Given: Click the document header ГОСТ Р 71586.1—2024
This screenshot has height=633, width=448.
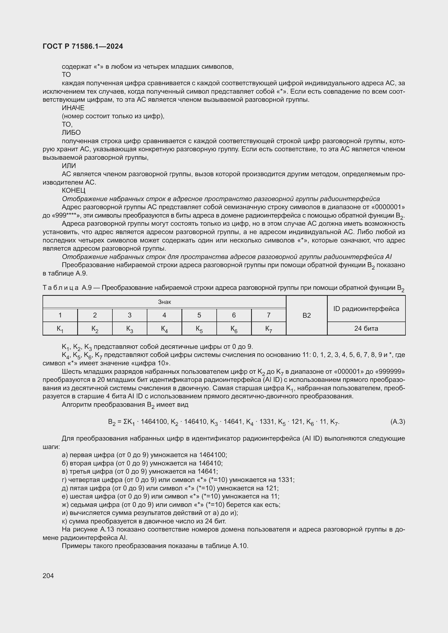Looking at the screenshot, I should (83, 46).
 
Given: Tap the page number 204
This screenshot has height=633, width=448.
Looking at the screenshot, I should (48, 576).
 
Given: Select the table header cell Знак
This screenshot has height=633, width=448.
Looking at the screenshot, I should (164, 302).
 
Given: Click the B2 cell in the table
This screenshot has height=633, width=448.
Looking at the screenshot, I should (307, 315).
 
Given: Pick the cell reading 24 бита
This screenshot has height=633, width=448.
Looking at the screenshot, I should (366, 328).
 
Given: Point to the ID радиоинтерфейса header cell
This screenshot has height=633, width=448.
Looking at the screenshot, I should (366, 309).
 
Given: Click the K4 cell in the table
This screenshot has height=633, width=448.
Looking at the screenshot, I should (164, 329).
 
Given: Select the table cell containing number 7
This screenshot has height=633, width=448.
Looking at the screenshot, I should (268, 315).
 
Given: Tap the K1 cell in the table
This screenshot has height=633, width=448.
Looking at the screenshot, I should (60, 329).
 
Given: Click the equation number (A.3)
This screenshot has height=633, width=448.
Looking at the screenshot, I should (398, 422).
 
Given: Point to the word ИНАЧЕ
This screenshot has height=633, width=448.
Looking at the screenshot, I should (73, 108).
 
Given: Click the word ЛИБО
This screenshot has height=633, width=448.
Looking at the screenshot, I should (71, 133).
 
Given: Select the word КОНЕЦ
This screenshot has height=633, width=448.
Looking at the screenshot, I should (74, 191).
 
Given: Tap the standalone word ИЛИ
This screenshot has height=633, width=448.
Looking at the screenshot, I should (69, 166).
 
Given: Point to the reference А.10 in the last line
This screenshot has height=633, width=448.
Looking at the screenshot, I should (241, 546).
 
